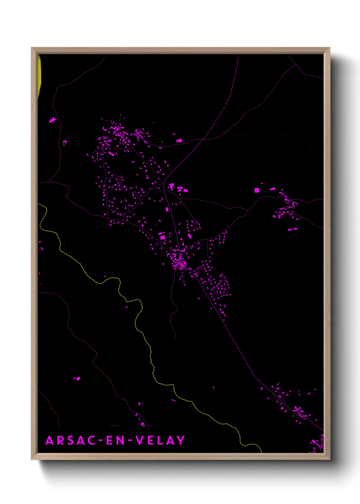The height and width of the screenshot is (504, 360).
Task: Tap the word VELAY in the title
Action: coord(160,440)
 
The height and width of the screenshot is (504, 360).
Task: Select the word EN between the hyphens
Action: coord(116,440)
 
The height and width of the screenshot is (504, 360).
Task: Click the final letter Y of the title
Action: coord(180,440)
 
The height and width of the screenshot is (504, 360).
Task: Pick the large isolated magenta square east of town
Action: coord(257,190)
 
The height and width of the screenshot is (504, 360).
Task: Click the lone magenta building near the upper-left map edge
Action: coord(52,120)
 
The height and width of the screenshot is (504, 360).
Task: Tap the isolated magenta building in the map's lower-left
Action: coord(77,378)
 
